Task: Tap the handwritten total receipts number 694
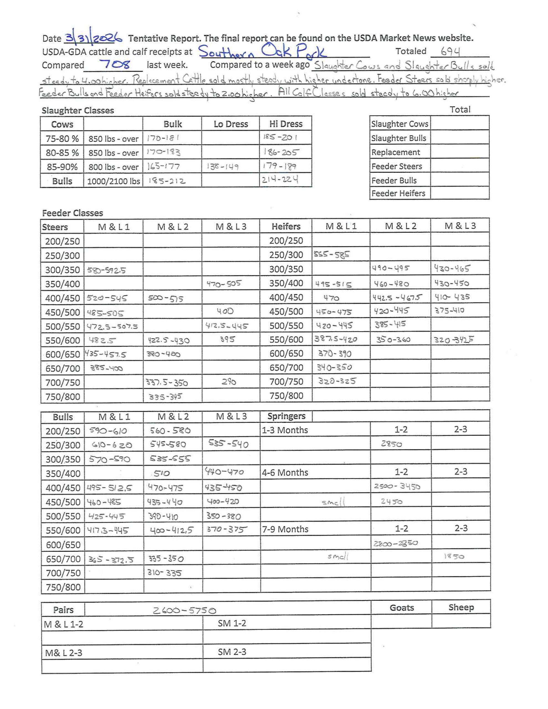[450, 51]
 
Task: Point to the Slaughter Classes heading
[78, 111]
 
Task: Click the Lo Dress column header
[231, 124]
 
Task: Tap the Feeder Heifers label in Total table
[398, 193]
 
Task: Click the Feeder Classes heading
[72, 213]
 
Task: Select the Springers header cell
[286, 416]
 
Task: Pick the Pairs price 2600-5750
[184, 611]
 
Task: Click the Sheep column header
[461, 607]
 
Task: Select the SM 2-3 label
[232, 652]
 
